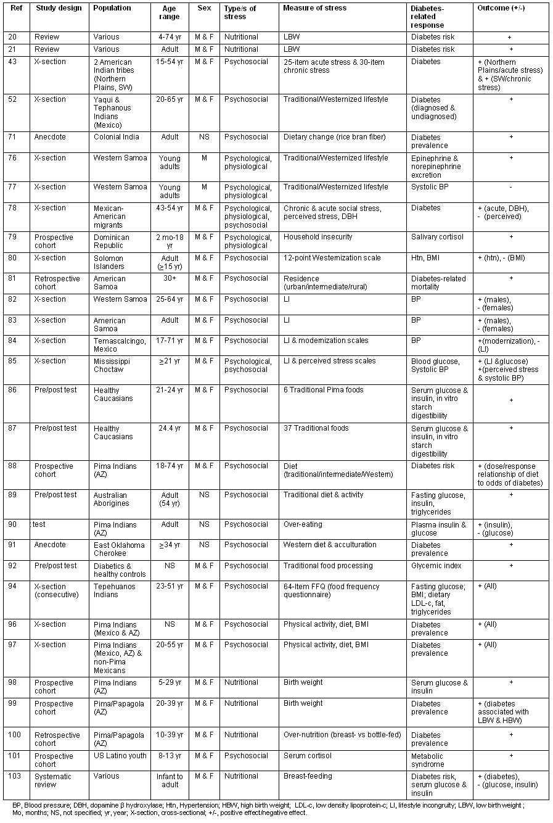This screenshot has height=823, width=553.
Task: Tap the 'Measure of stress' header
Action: point(314,8)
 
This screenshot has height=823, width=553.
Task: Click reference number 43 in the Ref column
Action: point(13,62)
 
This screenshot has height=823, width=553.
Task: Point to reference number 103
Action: point(15,776)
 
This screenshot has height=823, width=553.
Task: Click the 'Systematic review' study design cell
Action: point(53,780)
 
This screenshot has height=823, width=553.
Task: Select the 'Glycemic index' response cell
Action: point(435,566)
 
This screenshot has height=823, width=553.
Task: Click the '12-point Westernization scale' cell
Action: point(332,258)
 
